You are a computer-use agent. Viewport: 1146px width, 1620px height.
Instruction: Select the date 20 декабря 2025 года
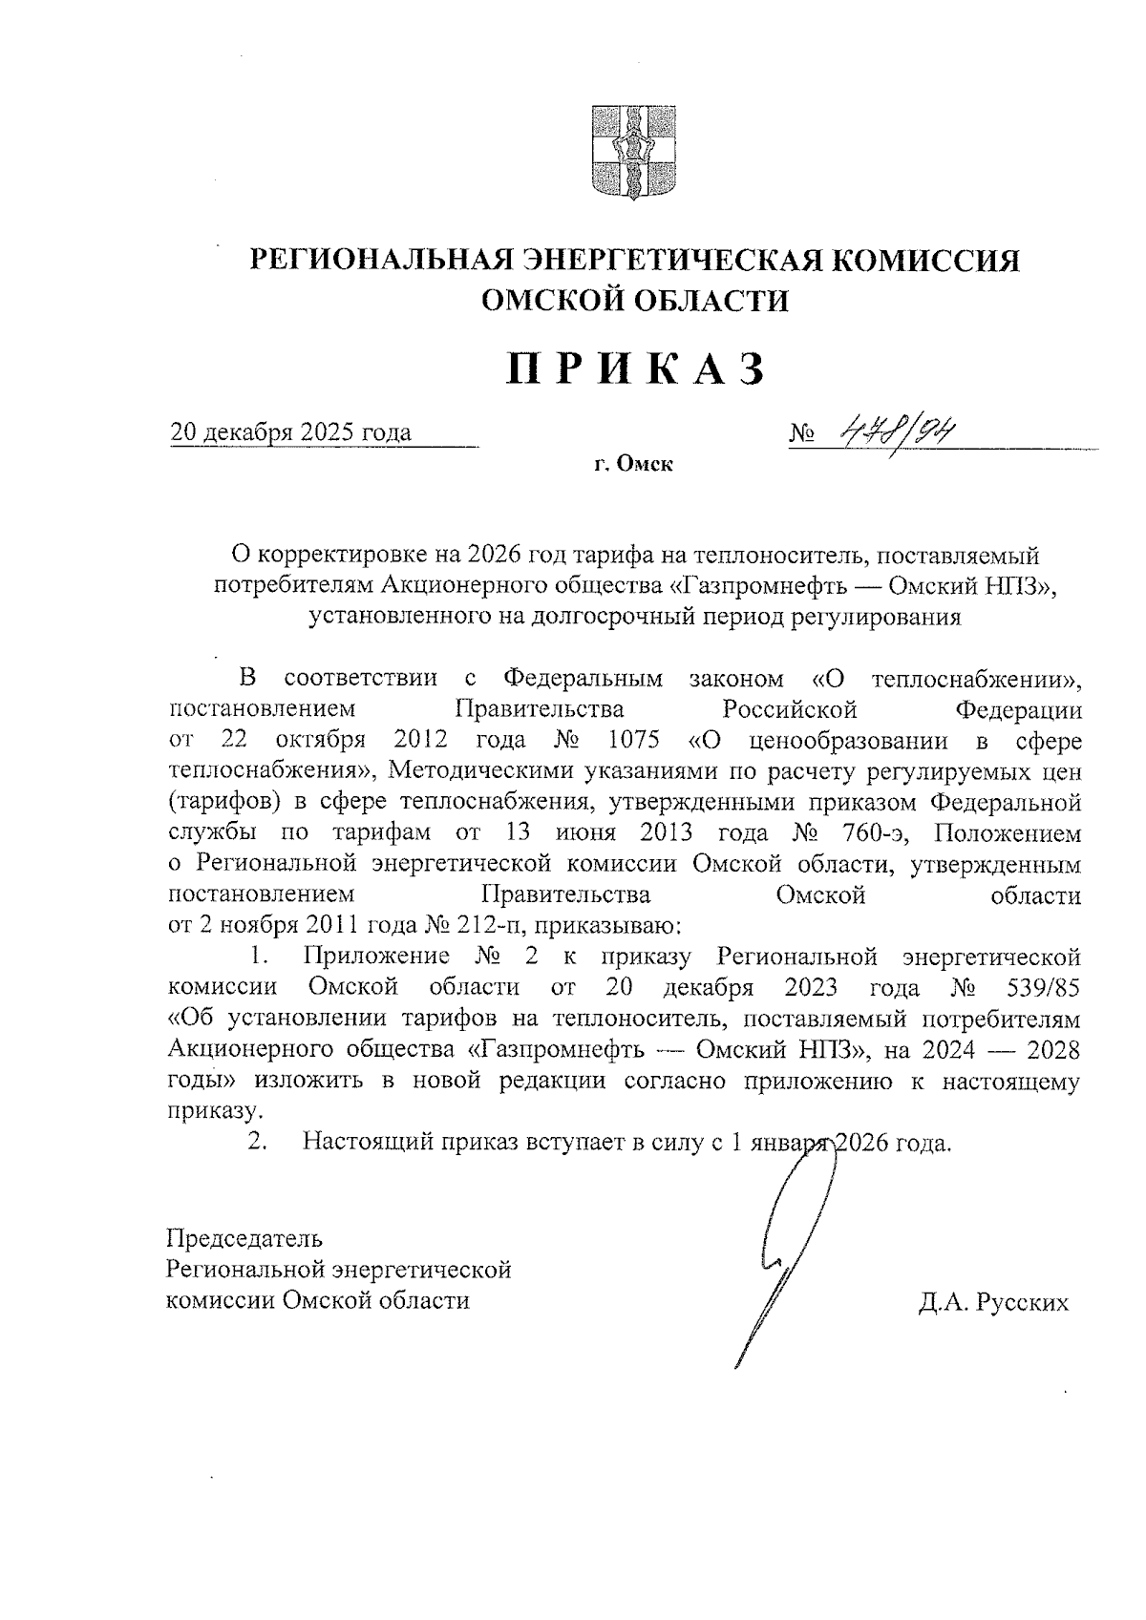click(x=290, y=432)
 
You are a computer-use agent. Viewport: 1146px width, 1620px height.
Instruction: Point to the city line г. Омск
click(x=633, y=465)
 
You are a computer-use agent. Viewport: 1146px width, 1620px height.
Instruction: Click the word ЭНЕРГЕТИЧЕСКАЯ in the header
click(x=671, y=260)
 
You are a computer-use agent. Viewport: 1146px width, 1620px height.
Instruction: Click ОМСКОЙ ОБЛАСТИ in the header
click(x=635, y=302)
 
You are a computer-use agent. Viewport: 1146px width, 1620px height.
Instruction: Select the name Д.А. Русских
click(x=993, y=1303)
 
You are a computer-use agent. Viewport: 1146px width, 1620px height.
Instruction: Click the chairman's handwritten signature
click(x=783, y=1260)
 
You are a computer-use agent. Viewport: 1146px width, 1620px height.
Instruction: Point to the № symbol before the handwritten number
click(x=802, y=435)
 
